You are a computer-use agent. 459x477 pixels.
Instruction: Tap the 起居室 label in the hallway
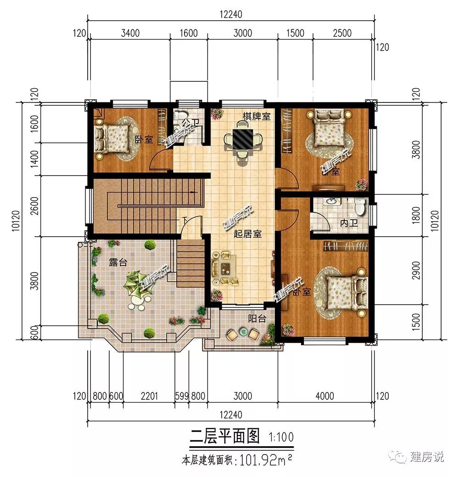248,234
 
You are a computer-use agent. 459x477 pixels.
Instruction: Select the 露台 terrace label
118,262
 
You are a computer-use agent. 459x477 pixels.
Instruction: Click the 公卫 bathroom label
189,123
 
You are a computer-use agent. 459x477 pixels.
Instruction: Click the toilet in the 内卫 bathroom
361,208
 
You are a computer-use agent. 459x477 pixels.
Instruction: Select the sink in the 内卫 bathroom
330,202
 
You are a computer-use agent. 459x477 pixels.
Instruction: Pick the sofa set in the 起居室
225,267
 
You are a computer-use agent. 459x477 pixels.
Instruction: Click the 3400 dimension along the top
130,33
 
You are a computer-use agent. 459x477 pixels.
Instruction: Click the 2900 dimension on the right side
417,270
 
